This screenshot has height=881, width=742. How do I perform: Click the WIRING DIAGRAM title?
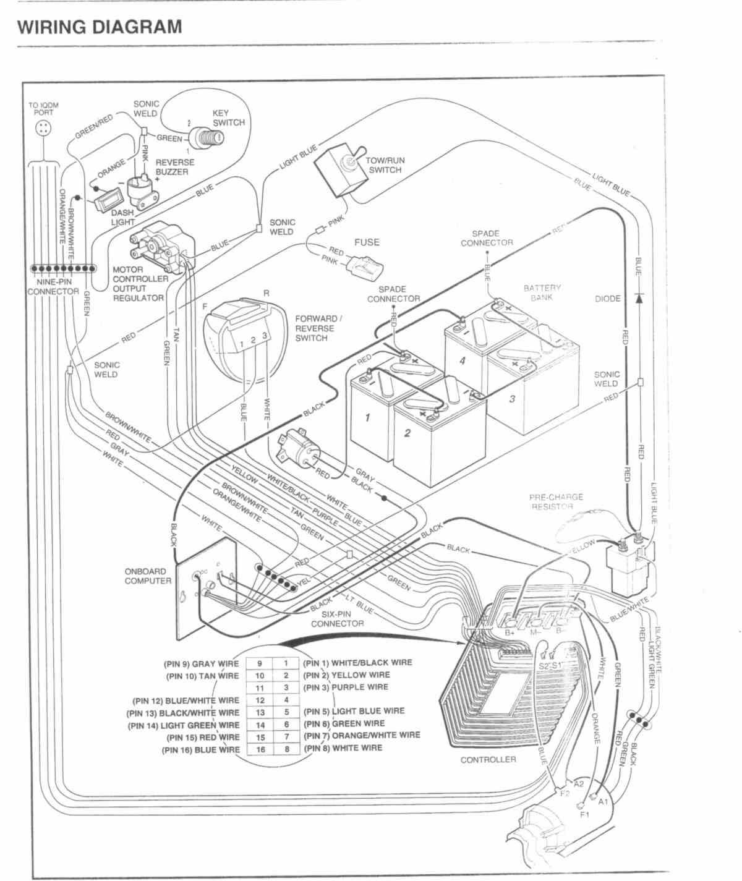point(100,27)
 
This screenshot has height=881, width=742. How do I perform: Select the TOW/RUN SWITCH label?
point(386,165)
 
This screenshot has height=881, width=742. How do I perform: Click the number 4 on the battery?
point(462,361)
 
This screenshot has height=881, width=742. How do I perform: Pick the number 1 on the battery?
point(367,418)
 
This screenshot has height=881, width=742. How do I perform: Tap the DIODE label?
point(607,299)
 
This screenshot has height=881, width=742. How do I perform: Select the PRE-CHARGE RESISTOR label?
point(555,501)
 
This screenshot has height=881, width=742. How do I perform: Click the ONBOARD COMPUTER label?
point(148,576)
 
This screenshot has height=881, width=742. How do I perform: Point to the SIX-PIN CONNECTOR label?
point(338,619)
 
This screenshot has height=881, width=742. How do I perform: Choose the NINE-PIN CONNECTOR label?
point(53,286)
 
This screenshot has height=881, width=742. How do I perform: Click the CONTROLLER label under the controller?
point(488,759)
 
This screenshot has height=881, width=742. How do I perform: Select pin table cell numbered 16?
point(260,749)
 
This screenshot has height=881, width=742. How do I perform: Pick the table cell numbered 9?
point(260,663)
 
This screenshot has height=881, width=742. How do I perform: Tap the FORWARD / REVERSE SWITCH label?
point(318,328)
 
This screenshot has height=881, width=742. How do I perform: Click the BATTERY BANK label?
point(542,292)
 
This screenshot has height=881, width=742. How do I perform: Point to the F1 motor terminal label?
point(585,815)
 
